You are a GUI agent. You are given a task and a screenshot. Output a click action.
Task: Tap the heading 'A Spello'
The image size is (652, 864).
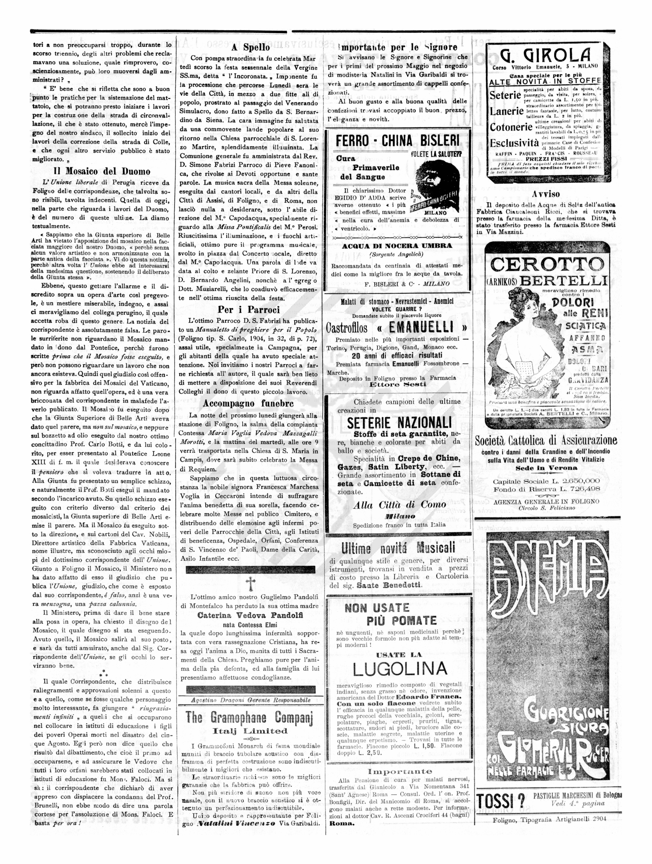(x=250, y=47)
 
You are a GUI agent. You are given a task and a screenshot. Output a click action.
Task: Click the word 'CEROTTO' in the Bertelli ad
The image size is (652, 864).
(x=547, y=265)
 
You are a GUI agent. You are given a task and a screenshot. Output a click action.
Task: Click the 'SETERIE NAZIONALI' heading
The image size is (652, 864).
(x=399, y=423)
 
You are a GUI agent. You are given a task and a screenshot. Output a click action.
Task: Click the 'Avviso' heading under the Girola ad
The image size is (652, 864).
(x=546, y=194)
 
